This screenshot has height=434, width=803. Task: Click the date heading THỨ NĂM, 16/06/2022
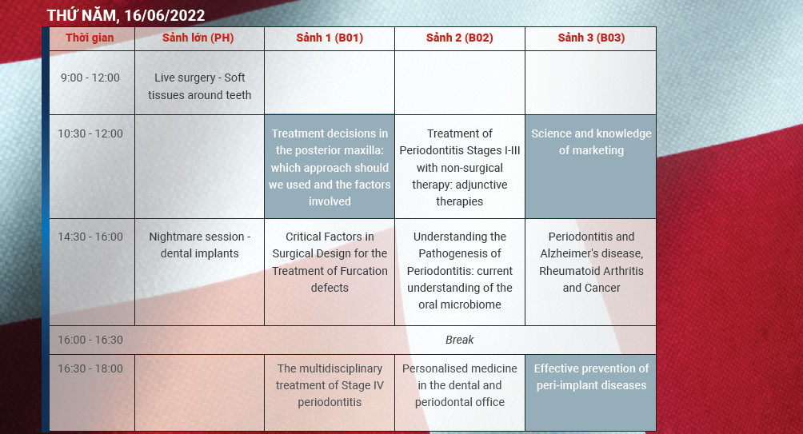coord(126,15)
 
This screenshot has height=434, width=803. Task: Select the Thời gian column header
coord(90,38)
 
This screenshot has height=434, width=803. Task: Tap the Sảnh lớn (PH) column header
coord(198,38)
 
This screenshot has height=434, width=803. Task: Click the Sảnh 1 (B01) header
coord(329,38)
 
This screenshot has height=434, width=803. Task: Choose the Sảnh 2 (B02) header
coord(459,38)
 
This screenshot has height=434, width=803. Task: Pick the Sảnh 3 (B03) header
coord(591,38)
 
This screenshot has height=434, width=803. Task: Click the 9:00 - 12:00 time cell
coord(90,78)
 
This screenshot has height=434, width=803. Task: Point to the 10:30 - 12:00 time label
coord(90,133)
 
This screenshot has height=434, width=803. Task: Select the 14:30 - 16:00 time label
coord(90,237)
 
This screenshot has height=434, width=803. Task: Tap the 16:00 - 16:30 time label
coord(90,340)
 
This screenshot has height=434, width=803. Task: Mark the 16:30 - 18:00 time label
coord(90,368)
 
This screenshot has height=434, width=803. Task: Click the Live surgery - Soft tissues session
coord(199,86)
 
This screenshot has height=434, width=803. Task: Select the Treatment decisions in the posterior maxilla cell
coord(330,167)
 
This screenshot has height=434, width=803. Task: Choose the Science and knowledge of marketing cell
coord(591,142)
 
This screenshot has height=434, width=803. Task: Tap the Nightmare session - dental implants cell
coord(199,245)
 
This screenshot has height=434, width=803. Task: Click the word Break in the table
coord(460,340)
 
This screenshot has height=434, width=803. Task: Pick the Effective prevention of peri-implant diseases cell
coord(591,377)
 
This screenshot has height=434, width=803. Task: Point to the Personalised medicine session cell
coord(460,385)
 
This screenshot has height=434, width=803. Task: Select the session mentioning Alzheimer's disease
coord(591,262)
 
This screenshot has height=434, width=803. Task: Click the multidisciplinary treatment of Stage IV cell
coord(330,385)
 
